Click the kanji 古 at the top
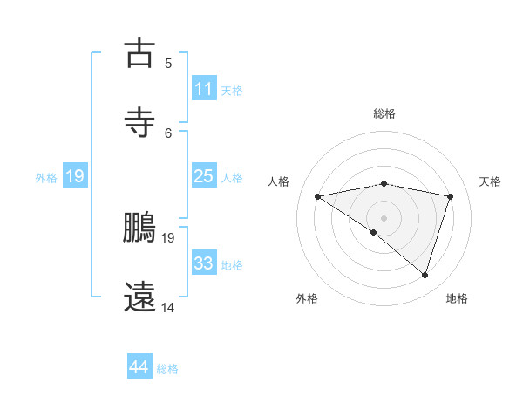(x=140, y=53)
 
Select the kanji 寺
(x=140, y=122)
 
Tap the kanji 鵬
(x=140, y=228)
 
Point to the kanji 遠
(x=140, y=296)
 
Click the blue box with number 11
(x=203, y=88)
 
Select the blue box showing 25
(x=203, y=175)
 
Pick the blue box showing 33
(x=203, y=263)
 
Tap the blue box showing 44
(x=139, y=367)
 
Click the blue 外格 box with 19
(x=74, y=176)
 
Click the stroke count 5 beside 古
(x=168, y=63)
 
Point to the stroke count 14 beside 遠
(x=168, y=307)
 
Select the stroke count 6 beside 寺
(x=168, y=133)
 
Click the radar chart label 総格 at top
(x=384, y=113)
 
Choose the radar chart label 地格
(x=457, y=298)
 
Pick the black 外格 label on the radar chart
(x=307, y=298)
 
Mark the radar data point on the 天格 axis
(x=451, y=196)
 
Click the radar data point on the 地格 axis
(x=425, y=275)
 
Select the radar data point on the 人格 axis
(x=318, y=196)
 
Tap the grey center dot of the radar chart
(x=384, y=217)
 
